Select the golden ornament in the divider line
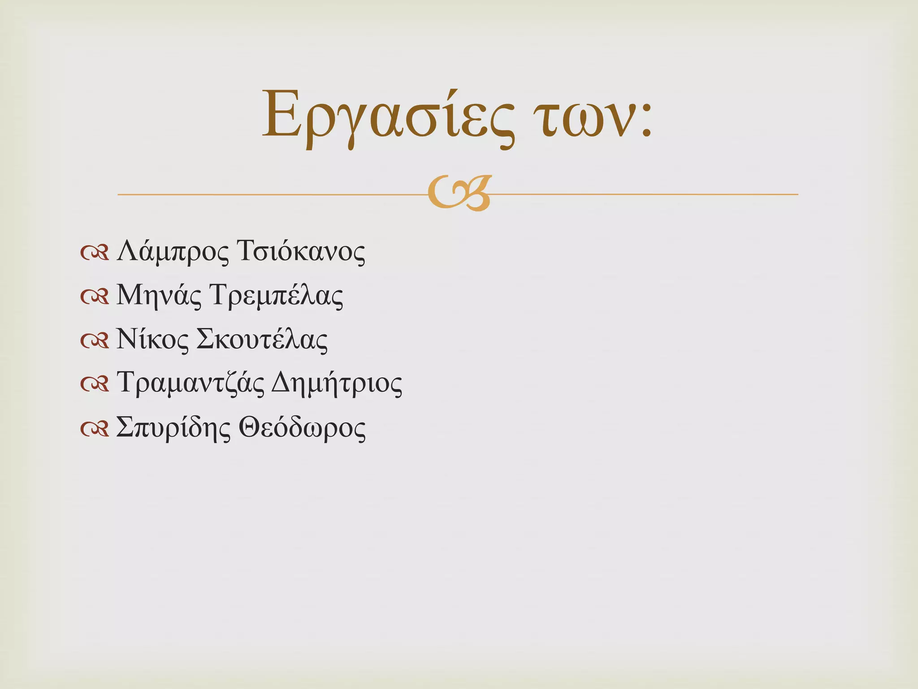pos(459,194)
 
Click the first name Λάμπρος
pos(173,252)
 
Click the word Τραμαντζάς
pos(191,384)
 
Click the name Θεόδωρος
pos(302,427)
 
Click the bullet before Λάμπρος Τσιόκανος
pos(95,253)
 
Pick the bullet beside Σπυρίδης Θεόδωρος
pos(95,429)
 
